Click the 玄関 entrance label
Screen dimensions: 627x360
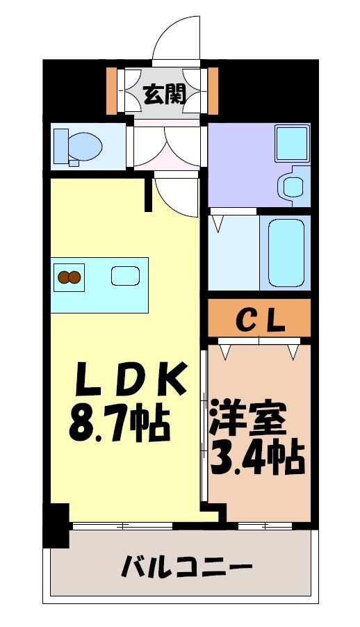pos(165,93)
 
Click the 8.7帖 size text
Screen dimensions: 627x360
pos(119,423)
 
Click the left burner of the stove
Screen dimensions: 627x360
pos(63,277)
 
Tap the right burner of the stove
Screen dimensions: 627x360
pos(74,277)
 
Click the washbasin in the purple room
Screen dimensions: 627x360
pos(292,186)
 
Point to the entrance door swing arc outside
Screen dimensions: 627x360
pos(174,42)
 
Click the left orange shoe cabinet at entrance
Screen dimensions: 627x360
pos(111,90)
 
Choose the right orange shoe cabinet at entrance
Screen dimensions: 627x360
pos(213,90)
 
